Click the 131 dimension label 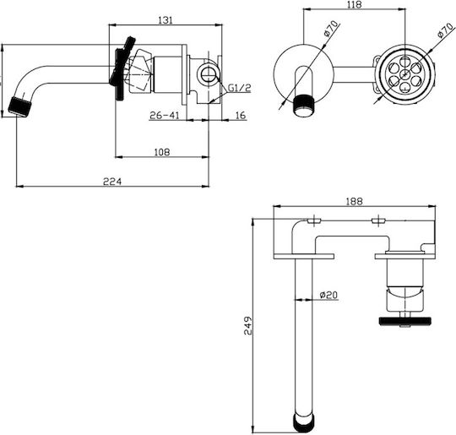click(166, 20)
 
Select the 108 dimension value click(162, 152)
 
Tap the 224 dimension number click(112, 182)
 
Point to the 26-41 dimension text click(165, 116)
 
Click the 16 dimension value click(241, 116)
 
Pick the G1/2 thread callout click(239, 88)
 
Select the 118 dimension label click(354, 5)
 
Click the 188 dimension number click(355, 201)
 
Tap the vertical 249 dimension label click(248, 325)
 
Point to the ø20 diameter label click(328, 295)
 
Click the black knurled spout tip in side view click(19, 106)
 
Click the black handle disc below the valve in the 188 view click(405, 321)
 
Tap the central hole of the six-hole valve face click(405, 75)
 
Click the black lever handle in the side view click(122, 68)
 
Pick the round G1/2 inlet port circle click(209, 73)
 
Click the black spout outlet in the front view click(304, 106)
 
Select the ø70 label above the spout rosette click(331, 29)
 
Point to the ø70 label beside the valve click(445, 30)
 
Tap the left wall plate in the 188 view click(304, 256)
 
